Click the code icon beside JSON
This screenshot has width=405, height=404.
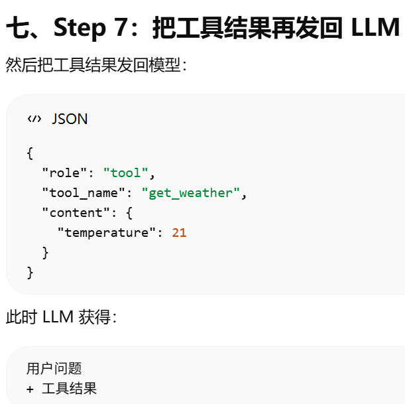(34, 119)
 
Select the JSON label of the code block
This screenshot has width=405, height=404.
(70, 119)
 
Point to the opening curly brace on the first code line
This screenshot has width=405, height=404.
(30, 153)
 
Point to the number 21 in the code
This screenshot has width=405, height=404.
(179, 233)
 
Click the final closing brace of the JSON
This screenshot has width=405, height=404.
(30, 272)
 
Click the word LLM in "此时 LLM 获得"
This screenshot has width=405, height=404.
(58, 317)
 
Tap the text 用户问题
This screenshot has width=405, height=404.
(54, 369)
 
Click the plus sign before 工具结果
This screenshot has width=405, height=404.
(30, 389)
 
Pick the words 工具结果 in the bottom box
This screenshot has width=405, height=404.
(69, 389)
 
